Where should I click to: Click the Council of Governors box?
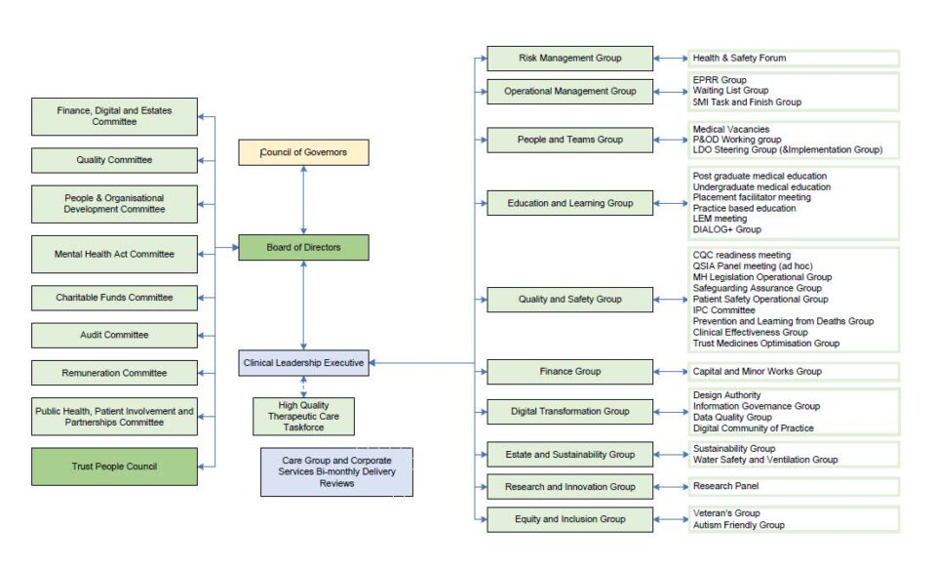click(x=303, y=152)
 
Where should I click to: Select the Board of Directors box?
click(x=303, y=248)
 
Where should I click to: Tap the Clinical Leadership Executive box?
click(x=303, y=363)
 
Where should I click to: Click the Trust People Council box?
click(x=115, y=467)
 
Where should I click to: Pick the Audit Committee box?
click(x=115, y=336)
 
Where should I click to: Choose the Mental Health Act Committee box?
click(x=115, y=254)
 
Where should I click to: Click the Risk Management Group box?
click(x=570, y=59)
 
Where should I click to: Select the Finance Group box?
click(x=570, y=372)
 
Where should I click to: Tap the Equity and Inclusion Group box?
click(x=570, y=519)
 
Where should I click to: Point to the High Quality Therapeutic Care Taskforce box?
click(x=303, y=417)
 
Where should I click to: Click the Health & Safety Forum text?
click(x=739, y=58)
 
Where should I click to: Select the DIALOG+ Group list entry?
click(x=726, y=229)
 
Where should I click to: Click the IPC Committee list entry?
click(x=723, y=310)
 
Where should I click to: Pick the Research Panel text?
click(x=725, y=486)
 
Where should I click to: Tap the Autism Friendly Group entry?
click(x=738, y=525)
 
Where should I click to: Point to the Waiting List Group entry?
click(x=730, y=90)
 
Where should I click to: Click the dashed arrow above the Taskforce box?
click(x=303, y=386)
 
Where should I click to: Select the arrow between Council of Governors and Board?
click(x=303, y=200)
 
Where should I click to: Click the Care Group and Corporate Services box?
click(x=336, y=471)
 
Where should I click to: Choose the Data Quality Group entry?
click(x=732, y=417)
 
